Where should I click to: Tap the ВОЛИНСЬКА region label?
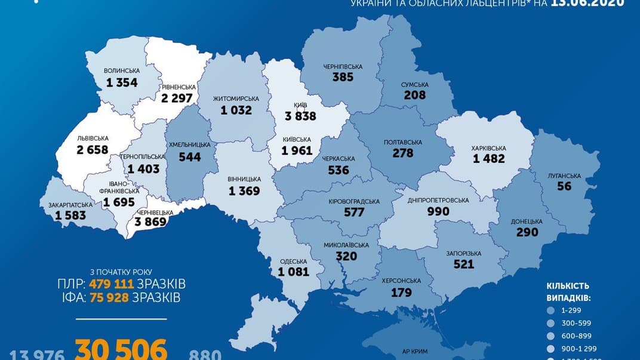pos(121,69)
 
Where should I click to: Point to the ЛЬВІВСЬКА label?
pos(93,138)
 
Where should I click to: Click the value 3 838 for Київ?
pos(300,116)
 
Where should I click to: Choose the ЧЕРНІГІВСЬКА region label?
pos(343,66)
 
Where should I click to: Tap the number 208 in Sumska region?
pos(414,94)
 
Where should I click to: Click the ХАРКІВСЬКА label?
pos(488,148)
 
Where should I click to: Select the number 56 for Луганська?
pos(564,186)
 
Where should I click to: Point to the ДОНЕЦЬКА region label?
pos(527,221)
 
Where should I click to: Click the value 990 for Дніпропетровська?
pos(438,211)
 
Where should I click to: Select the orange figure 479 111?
pos(111,283)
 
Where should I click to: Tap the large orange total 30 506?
pos(121,349)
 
